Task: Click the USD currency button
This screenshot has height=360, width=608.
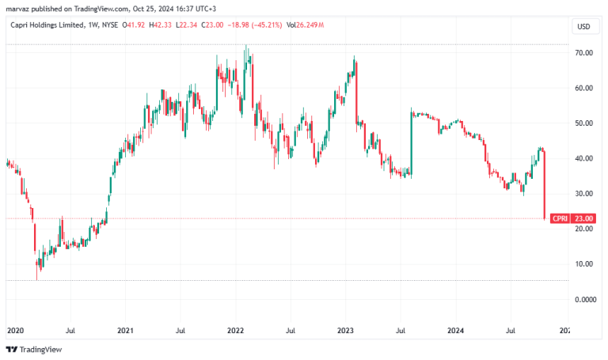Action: coord(584,26)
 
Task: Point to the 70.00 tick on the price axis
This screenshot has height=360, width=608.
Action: coord(583,53)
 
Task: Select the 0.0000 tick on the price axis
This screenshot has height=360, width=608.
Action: coord(585,299)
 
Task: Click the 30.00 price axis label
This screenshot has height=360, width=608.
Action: coord(583,193)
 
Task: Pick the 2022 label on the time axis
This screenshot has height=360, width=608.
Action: coord(235,331)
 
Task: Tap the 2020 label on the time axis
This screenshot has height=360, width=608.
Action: coord(16,331)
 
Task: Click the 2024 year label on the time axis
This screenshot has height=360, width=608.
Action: coord(456,331)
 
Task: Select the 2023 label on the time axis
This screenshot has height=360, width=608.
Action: coord(345,331)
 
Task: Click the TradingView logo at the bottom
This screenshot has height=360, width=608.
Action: coord(34,350)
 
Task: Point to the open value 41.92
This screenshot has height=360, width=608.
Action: coord(136,25)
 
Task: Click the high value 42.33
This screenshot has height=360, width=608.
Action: coord(163,25)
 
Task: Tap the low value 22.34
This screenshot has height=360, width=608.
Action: coord(188,25)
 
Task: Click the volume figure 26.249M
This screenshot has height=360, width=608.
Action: coord(310,25)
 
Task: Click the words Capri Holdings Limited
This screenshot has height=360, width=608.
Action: coord(47,25)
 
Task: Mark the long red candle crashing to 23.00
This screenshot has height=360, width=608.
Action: coord(545,186)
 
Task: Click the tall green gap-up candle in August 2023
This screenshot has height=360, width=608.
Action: coord(412,143)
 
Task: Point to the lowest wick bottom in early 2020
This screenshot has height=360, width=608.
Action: coord(37,280)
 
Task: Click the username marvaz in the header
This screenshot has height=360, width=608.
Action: coord(18,9)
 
